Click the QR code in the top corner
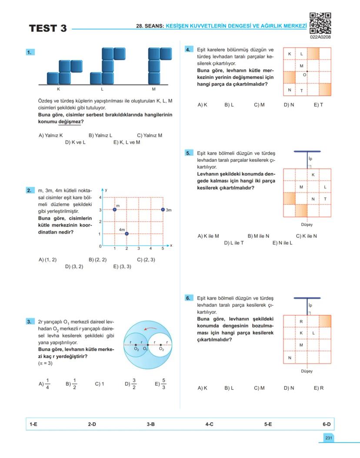tap(320, 23)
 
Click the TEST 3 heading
tap(48, 29)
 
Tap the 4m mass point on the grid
tap(127, 234)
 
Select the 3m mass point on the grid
tap(163, 210)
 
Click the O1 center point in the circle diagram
tap(147, 345)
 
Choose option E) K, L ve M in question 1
tap(127, 142)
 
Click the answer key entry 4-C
tap(209, 424)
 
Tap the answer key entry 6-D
tap(327, 424)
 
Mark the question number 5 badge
tap(188, 153)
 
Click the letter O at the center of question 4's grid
tap(304, 75)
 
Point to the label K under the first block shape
tap(58, 89)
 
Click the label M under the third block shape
tap(153, 89)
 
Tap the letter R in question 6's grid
tap(301, 321)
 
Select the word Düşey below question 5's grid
tap(307, 225)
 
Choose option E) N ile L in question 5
tap(282, 243)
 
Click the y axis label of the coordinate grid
tap(107, 191)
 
